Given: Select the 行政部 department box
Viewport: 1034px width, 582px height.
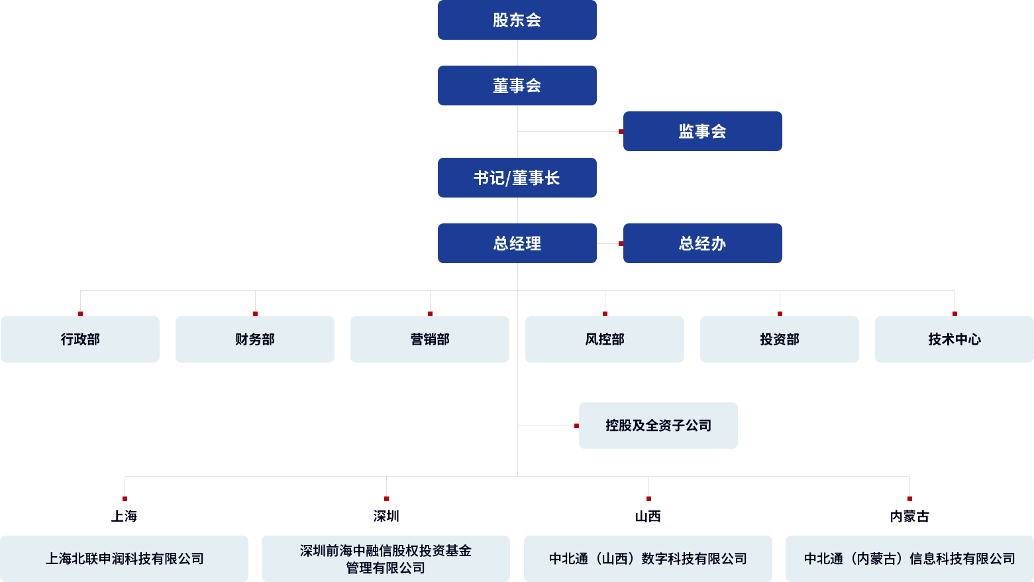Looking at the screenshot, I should (80, 339).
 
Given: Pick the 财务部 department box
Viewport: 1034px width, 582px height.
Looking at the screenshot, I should (255, 339).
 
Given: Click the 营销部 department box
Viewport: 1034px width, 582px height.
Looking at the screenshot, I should (430, 339).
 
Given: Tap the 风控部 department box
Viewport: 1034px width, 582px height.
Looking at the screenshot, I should (605, 339).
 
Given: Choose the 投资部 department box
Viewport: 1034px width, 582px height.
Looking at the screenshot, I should (780, 339).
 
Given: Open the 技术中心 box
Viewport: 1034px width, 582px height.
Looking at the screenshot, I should (955, 339).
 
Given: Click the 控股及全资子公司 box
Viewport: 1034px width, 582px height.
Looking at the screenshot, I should (658, 426).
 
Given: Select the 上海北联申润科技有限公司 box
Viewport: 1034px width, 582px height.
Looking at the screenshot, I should (125, 559).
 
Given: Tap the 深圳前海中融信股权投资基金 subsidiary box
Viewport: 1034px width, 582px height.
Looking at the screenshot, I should (386, 559).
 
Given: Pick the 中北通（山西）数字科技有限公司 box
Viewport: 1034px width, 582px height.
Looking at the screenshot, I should (648, 559).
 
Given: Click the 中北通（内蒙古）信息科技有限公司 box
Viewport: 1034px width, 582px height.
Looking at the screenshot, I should (909, 559).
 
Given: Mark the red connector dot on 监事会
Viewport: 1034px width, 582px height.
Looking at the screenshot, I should (621, 131).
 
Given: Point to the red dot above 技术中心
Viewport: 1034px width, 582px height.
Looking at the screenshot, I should (955, 314).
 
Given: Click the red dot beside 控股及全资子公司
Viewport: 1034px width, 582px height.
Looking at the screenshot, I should (576, 426).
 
